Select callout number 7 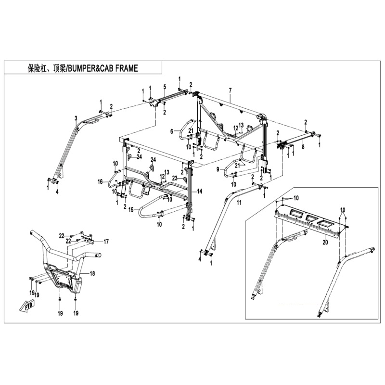coord(231,90)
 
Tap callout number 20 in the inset coord(325,243)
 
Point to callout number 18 coord(92,273)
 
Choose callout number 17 coord(106,242)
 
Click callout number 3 coord(76,118)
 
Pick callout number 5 coord(165,87)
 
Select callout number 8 coord(303,147)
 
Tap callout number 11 coord(239,203)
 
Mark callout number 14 coord(200,191)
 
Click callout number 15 coord(131,210)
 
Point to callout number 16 coord(100,182)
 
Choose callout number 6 coord(172,131)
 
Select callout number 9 coord(218,169)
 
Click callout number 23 coord(175,178)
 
